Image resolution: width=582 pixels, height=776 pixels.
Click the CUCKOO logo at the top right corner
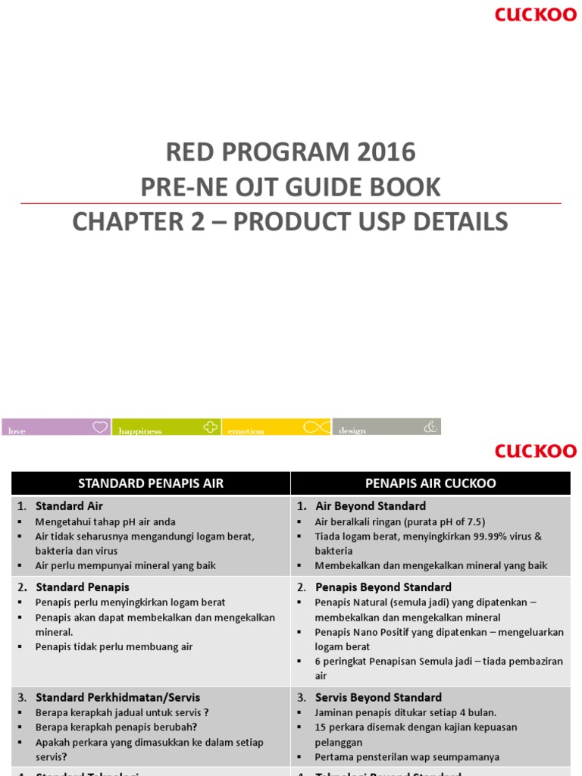click(x=536, y=14)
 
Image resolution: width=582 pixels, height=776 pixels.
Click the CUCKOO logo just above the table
click(x=536, y=451)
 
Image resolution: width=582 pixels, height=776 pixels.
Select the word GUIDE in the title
click(x=321, y=187)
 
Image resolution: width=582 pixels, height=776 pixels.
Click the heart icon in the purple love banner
click(x=100, y=427)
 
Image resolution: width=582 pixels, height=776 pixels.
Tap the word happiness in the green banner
click(x=140, y=431)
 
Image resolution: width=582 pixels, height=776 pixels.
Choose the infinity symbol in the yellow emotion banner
click(x=316, y=427)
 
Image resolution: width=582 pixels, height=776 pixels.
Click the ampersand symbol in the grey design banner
click(x=430, y=427)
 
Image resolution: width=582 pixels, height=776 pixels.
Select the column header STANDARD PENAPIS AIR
click(x=151, y=483)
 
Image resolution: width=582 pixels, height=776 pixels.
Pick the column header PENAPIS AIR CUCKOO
click(x=430, y=483)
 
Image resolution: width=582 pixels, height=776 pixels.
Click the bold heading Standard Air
click(x=69, y=505)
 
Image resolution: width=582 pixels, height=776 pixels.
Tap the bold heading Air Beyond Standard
click(x=371, y=505)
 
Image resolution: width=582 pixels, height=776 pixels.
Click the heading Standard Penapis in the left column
click(x=83, y=587)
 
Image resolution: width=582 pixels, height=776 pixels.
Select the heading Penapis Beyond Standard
click(x=383, y=587)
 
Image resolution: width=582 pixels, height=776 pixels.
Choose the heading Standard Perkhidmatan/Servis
click(x=117, y=697)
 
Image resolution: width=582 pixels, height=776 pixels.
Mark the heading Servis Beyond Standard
click(x=378, y=697)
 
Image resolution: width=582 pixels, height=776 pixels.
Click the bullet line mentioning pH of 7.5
click(x=400, y=521)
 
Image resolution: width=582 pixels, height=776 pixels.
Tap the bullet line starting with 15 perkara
click(x=416, y=727)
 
